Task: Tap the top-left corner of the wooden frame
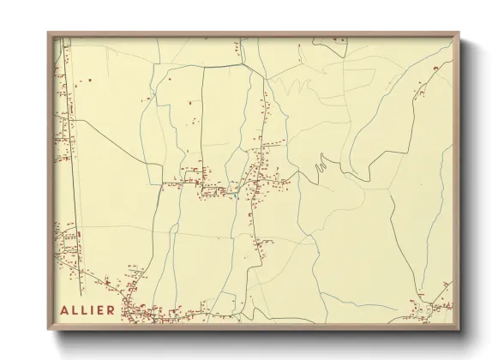[x=50, y=33]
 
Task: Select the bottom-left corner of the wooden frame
[x=50, y=330]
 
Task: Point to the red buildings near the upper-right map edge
[x=424, y=81]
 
